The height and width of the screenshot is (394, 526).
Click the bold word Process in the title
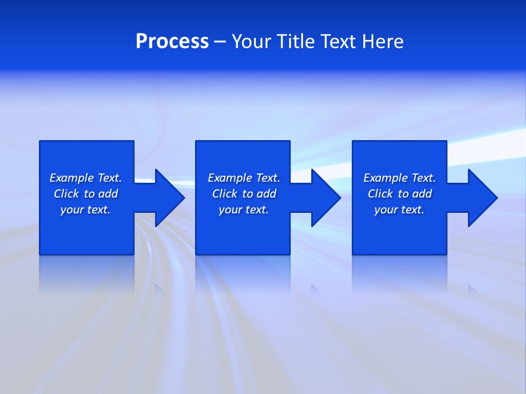pos(172,42)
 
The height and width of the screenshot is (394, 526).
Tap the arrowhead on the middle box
pos(325,198)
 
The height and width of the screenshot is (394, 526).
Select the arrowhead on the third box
pos(482,198)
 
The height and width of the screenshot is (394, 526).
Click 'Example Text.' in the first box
pos(85,178)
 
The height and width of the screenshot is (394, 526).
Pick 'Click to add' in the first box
pos(85,194)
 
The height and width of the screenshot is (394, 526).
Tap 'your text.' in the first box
pos(85,210)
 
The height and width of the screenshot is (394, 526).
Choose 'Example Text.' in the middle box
pos(244,178)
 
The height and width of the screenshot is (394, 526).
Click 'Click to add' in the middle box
pos(244,194)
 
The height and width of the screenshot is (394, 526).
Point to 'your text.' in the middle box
pos(244,210)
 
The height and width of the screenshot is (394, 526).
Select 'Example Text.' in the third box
pos(399,178)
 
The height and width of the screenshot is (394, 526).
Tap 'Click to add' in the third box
pos(399,194)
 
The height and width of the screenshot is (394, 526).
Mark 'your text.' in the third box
pos(399,210)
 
